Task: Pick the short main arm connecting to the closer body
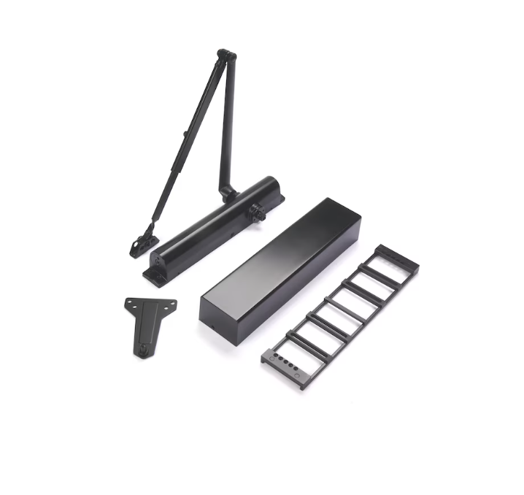click(228, 124)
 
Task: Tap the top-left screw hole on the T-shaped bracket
click(128, 302)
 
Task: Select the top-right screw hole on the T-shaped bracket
click(173, 302)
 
